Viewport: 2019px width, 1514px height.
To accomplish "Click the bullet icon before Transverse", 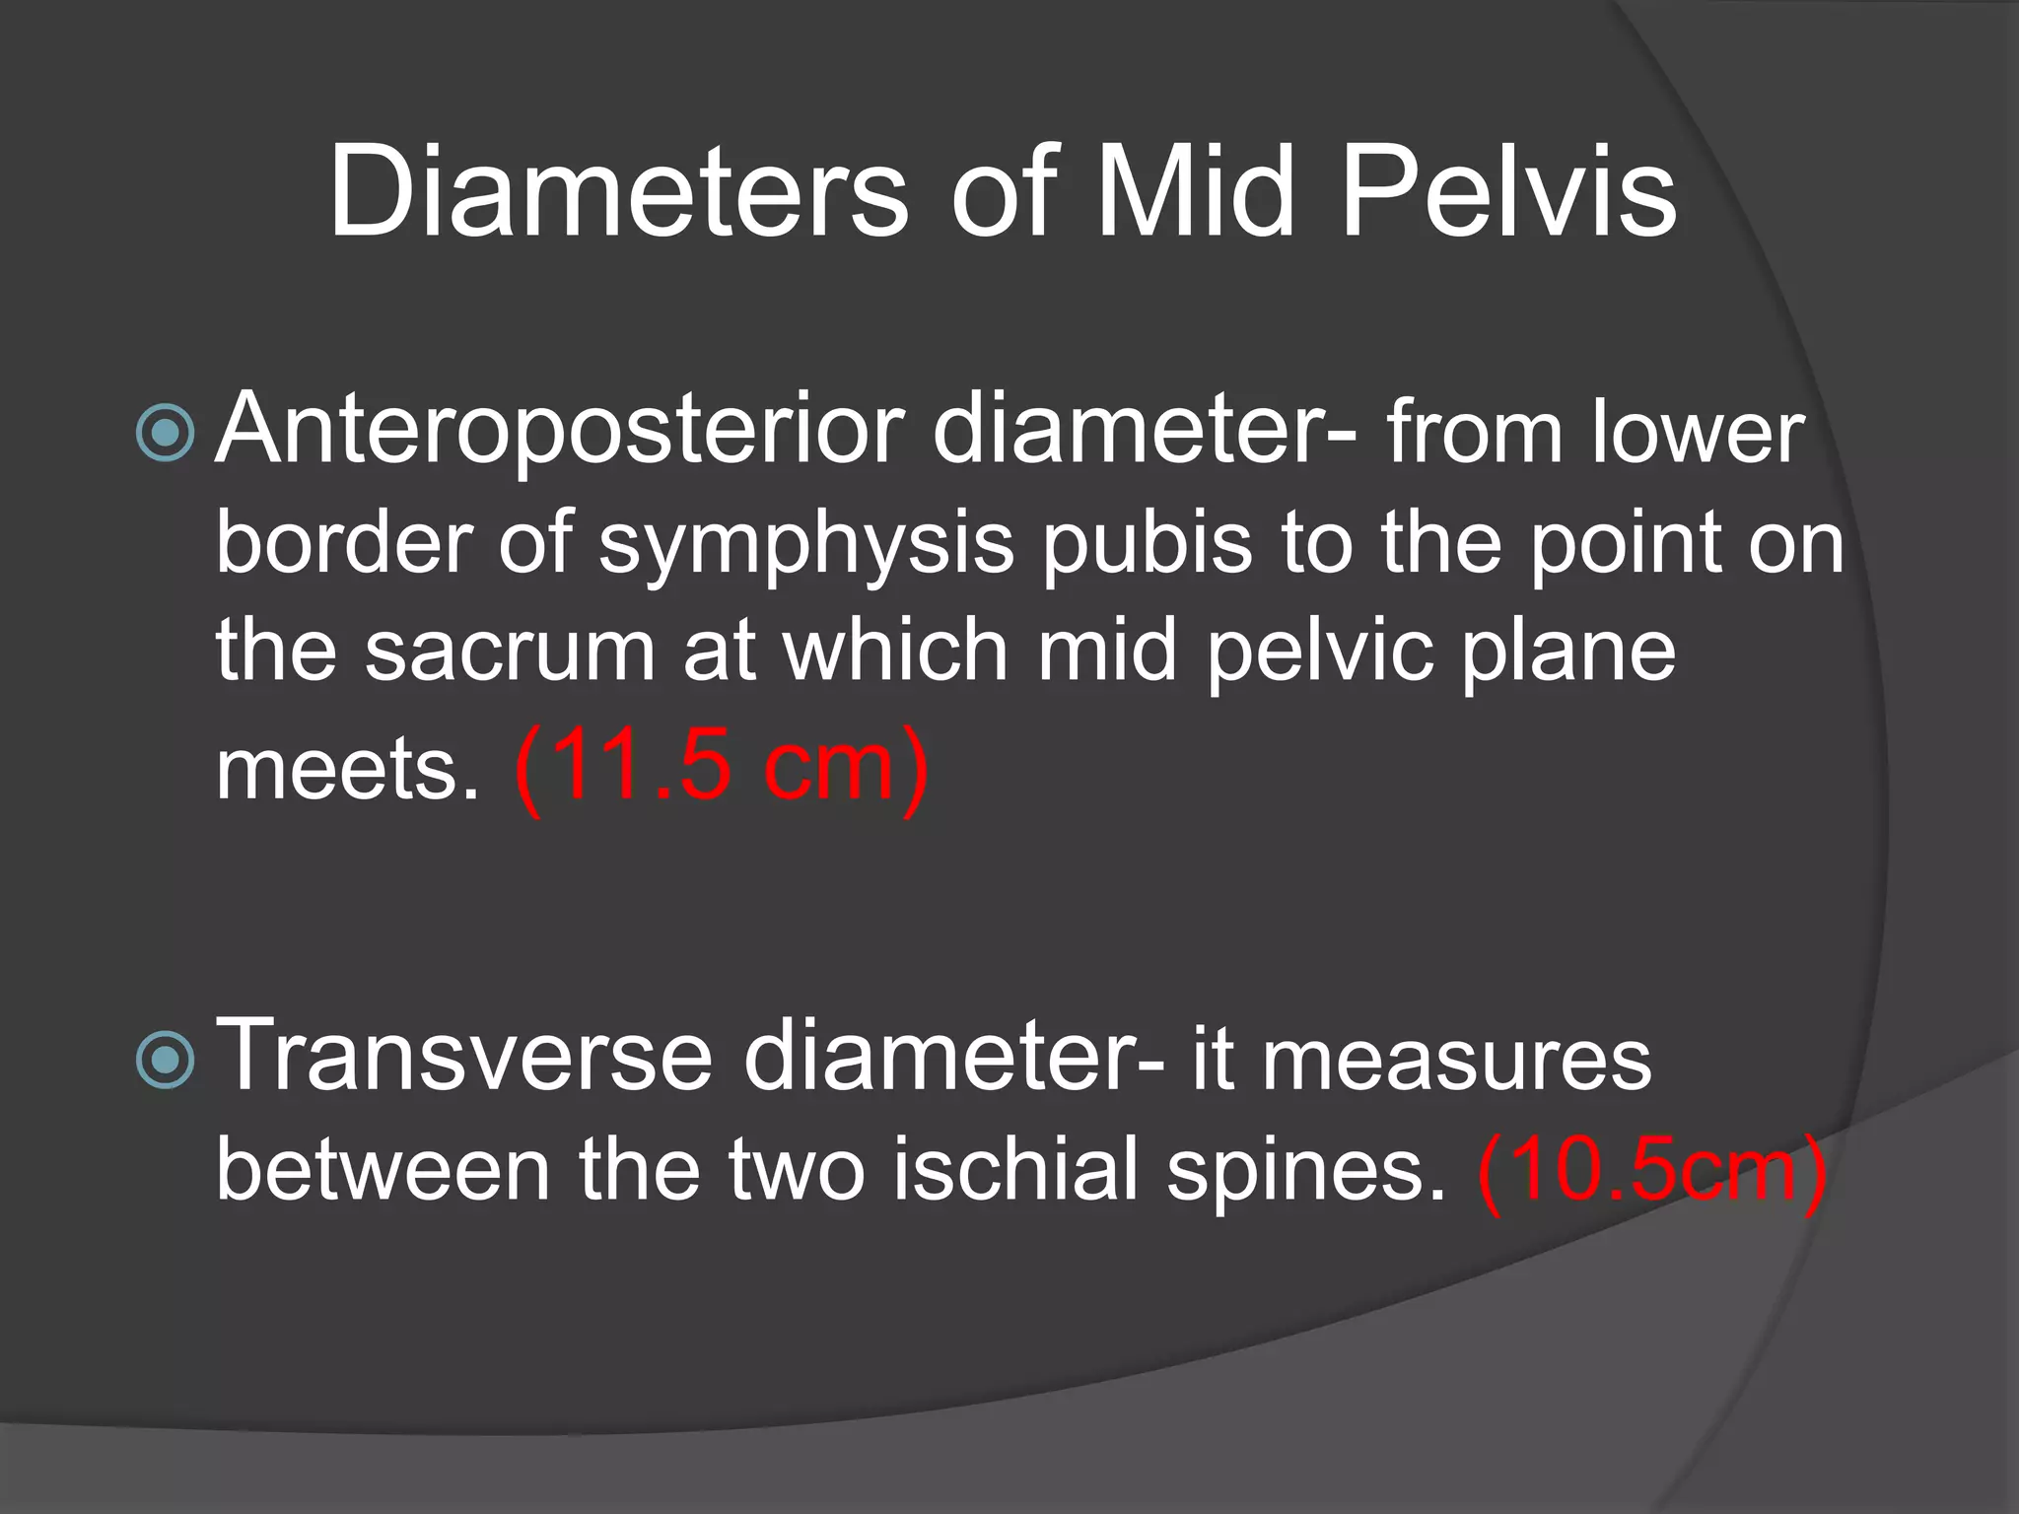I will coord(165,1060).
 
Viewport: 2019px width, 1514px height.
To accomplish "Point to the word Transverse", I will coord(463,1057).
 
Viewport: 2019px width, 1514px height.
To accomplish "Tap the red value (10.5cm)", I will coord(1652,1171).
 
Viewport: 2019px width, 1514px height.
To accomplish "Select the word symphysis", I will coord(806,545).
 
